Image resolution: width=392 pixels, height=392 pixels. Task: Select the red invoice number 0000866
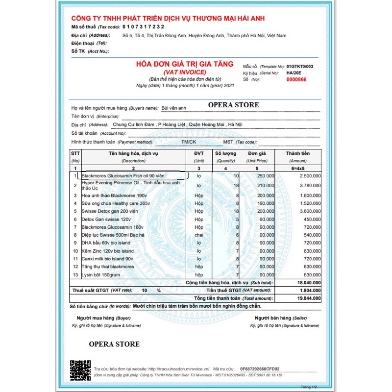296,79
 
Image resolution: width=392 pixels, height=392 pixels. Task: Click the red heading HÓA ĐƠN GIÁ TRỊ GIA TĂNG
185,65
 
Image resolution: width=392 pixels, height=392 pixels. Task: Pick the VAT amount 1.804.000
307,290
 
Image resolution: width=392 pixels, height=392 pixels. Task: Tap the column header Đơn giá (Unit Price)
257,156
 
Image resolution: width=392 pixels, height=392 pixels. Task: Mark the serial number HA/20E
294,73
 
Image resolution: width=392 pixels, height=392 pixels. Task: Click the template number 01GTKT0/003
300,66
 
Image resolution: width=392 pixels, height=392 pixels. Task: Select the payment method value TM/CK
189,142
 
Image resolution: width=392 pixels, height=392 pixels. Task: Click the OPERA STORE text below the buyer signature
114,344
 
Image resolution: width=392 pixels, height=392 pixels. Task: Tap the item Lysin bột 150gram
100,275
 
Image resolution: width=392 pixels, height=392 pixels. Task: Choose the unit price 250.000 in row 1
265,175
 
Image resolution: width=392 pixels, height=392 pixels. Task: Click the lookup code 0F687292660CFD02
260,368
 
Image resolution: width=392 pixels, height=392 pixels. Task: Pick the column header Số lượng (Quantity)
225,156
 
